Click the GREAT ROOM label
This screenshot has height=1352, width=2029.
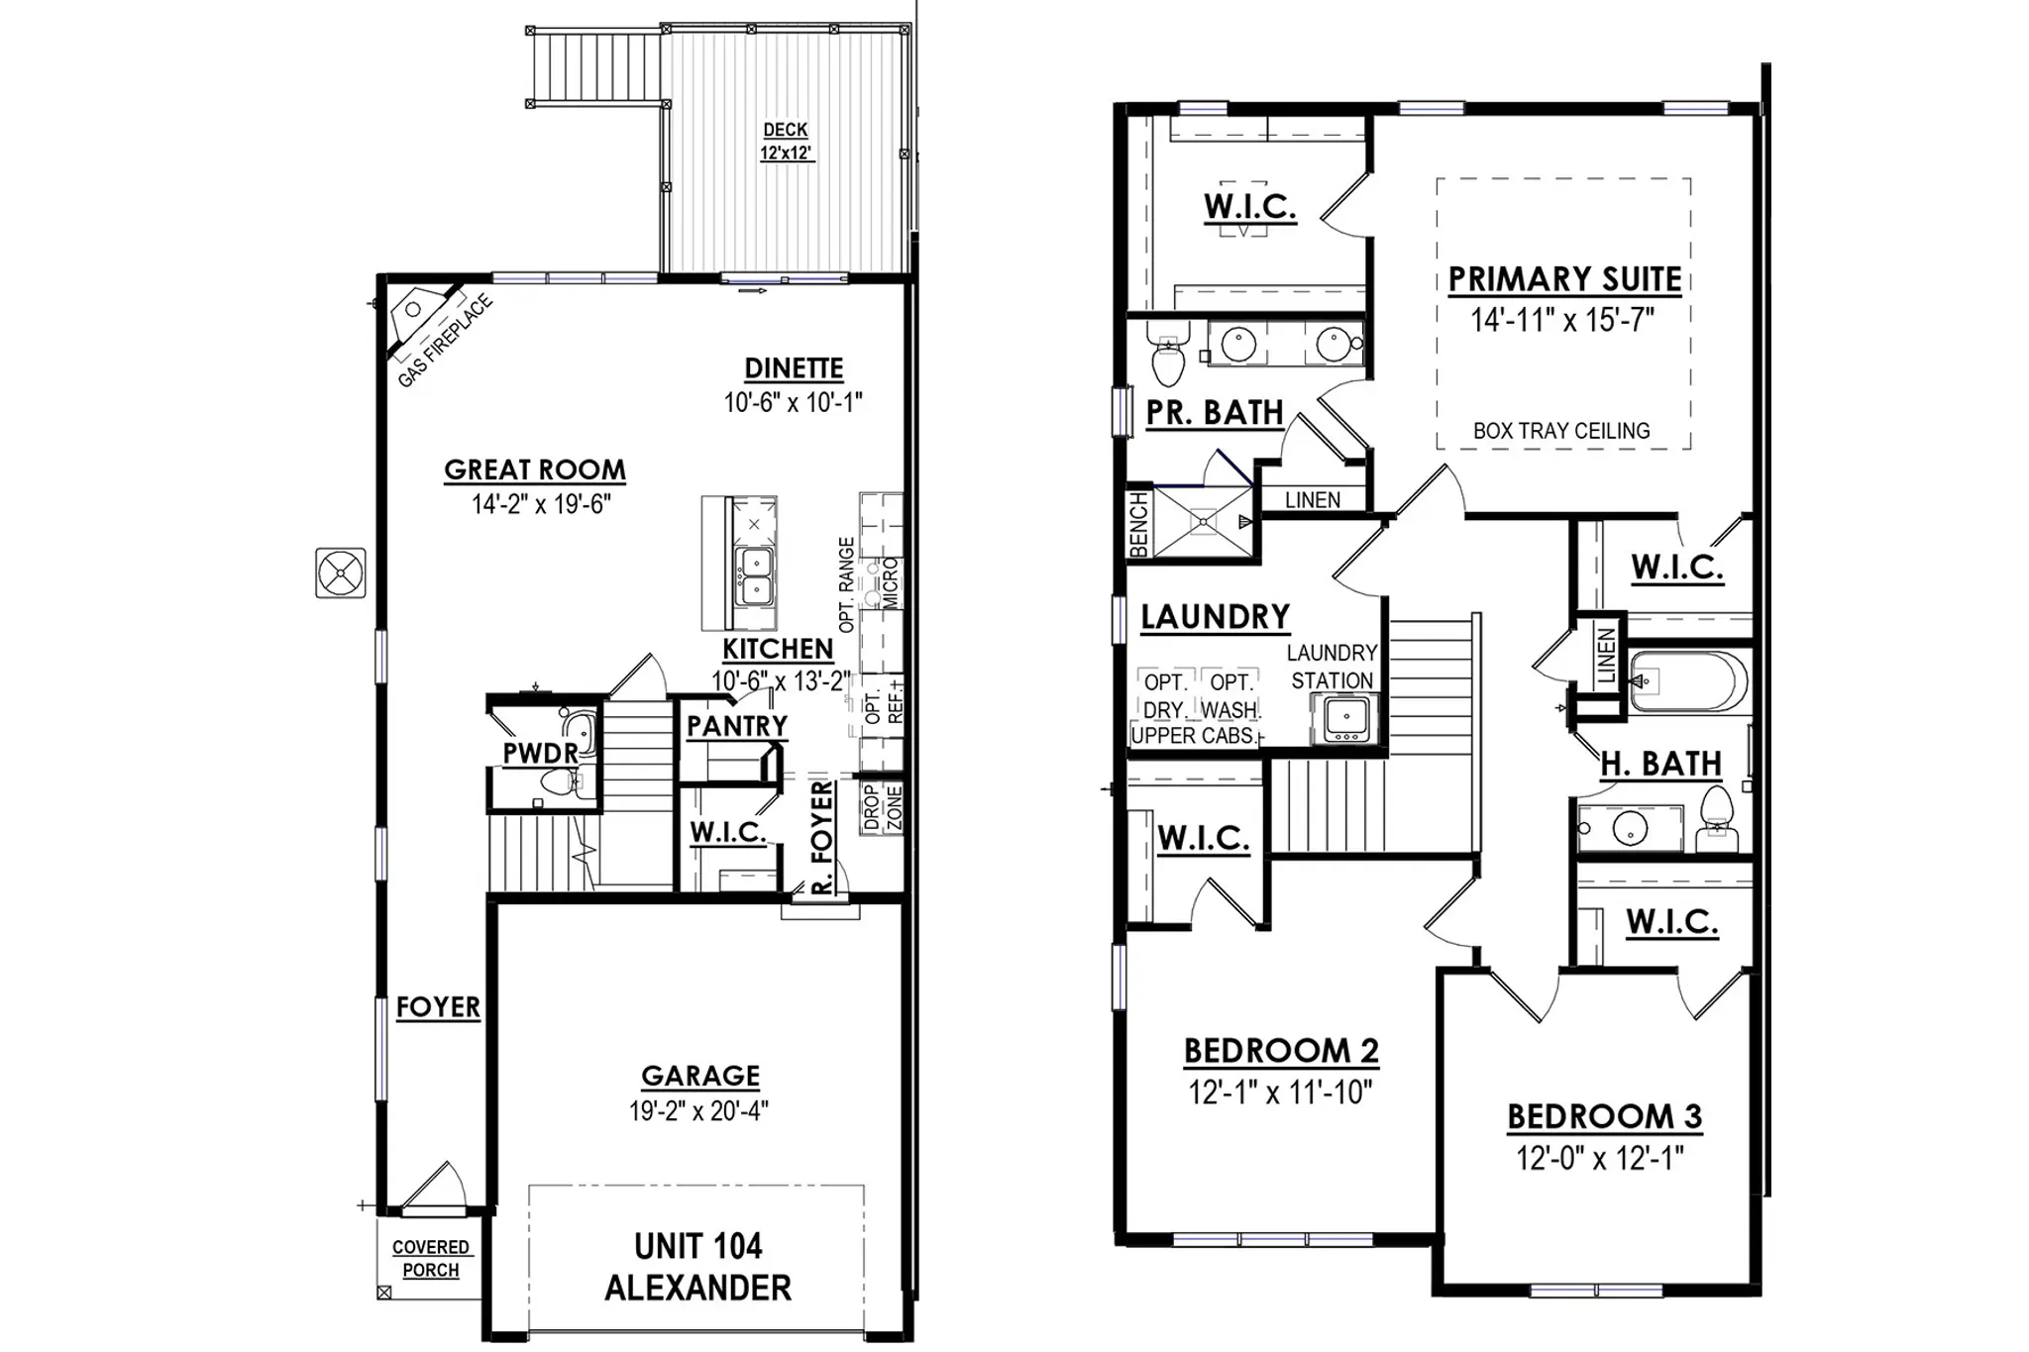(x=535, y=469)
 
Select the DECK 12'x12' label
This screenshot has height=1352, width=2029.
(x=786, y=142)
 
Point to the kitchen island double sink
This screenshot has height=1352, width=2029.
(x=754, y=577)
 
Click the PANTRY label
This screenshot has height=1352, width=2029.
(x=737, y=726)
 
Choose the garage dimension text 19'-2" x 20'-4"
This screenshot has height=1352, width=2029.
(x=699, y=1110)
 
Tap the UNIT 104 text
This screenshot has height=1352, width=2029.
(x=698, y=1246)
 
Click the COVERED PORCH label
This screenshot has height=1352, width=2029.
(x=431, y=1259)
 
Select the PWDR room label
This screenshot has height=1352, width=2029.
(x=540, y=754)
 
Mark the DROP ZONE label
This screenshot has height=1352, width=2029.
(x=883, y=807)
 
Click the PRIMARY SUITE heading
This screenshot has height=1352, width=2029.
(x=1565, y=279)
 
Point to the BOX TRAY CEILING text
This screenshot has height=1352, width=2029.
(x=1561, y=431)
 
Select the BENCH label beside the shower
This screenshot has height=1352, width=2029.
(x=1138, y=525)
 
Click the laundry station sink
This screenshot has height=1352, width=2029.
(x=1345, y=718)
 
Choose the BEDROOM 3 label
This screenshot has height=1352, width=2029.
(x=1605, y=1116)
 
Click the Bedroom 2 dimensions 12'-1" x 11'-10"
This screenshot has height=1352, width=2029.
(x=1281, y=1092)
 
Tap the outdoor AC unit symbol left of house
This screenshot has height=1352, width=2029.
(x=341, y=572)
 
